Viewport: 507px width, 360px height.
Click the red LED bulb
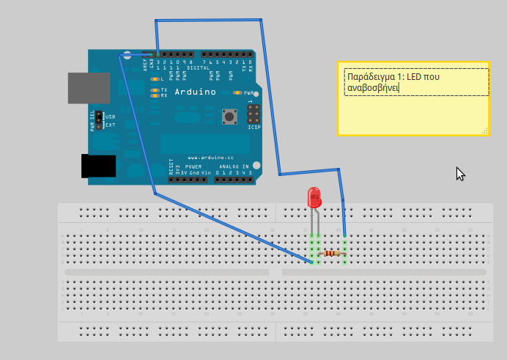click(314, 196)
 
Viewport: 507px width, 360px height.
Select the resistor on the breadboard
click(330, 254)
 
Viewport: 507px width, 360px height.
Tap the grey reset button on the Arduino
click(232, 116)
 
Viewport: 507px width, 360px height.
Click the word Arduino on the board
click(195, 92)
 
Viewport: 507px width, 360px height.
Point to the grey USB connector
click(89, 88)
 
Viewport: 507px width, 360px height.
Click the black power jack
click(98, 166)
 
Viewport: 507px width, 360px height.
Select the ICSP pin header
click(253, 115)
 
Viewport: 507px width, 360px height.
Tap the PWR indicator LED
click(237, 93)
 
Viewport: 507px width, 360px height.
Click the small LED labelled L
click(154, 78)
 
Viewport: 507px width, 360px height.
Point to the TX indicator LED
click(154, 89)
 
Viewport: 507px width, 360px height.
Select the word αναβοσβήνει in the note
click(372, 88)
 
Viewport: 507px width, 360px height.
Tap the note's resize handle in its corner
click(484, 131)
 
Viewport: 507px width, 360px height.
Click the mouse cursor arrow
click(459, 173)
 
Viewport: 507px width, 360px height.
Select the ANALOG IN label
click(234, 166)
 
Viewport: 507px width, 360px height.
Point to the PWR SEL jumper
click(99, 120)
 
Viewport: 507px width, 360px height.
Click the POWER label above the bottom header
click(193, 166)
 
